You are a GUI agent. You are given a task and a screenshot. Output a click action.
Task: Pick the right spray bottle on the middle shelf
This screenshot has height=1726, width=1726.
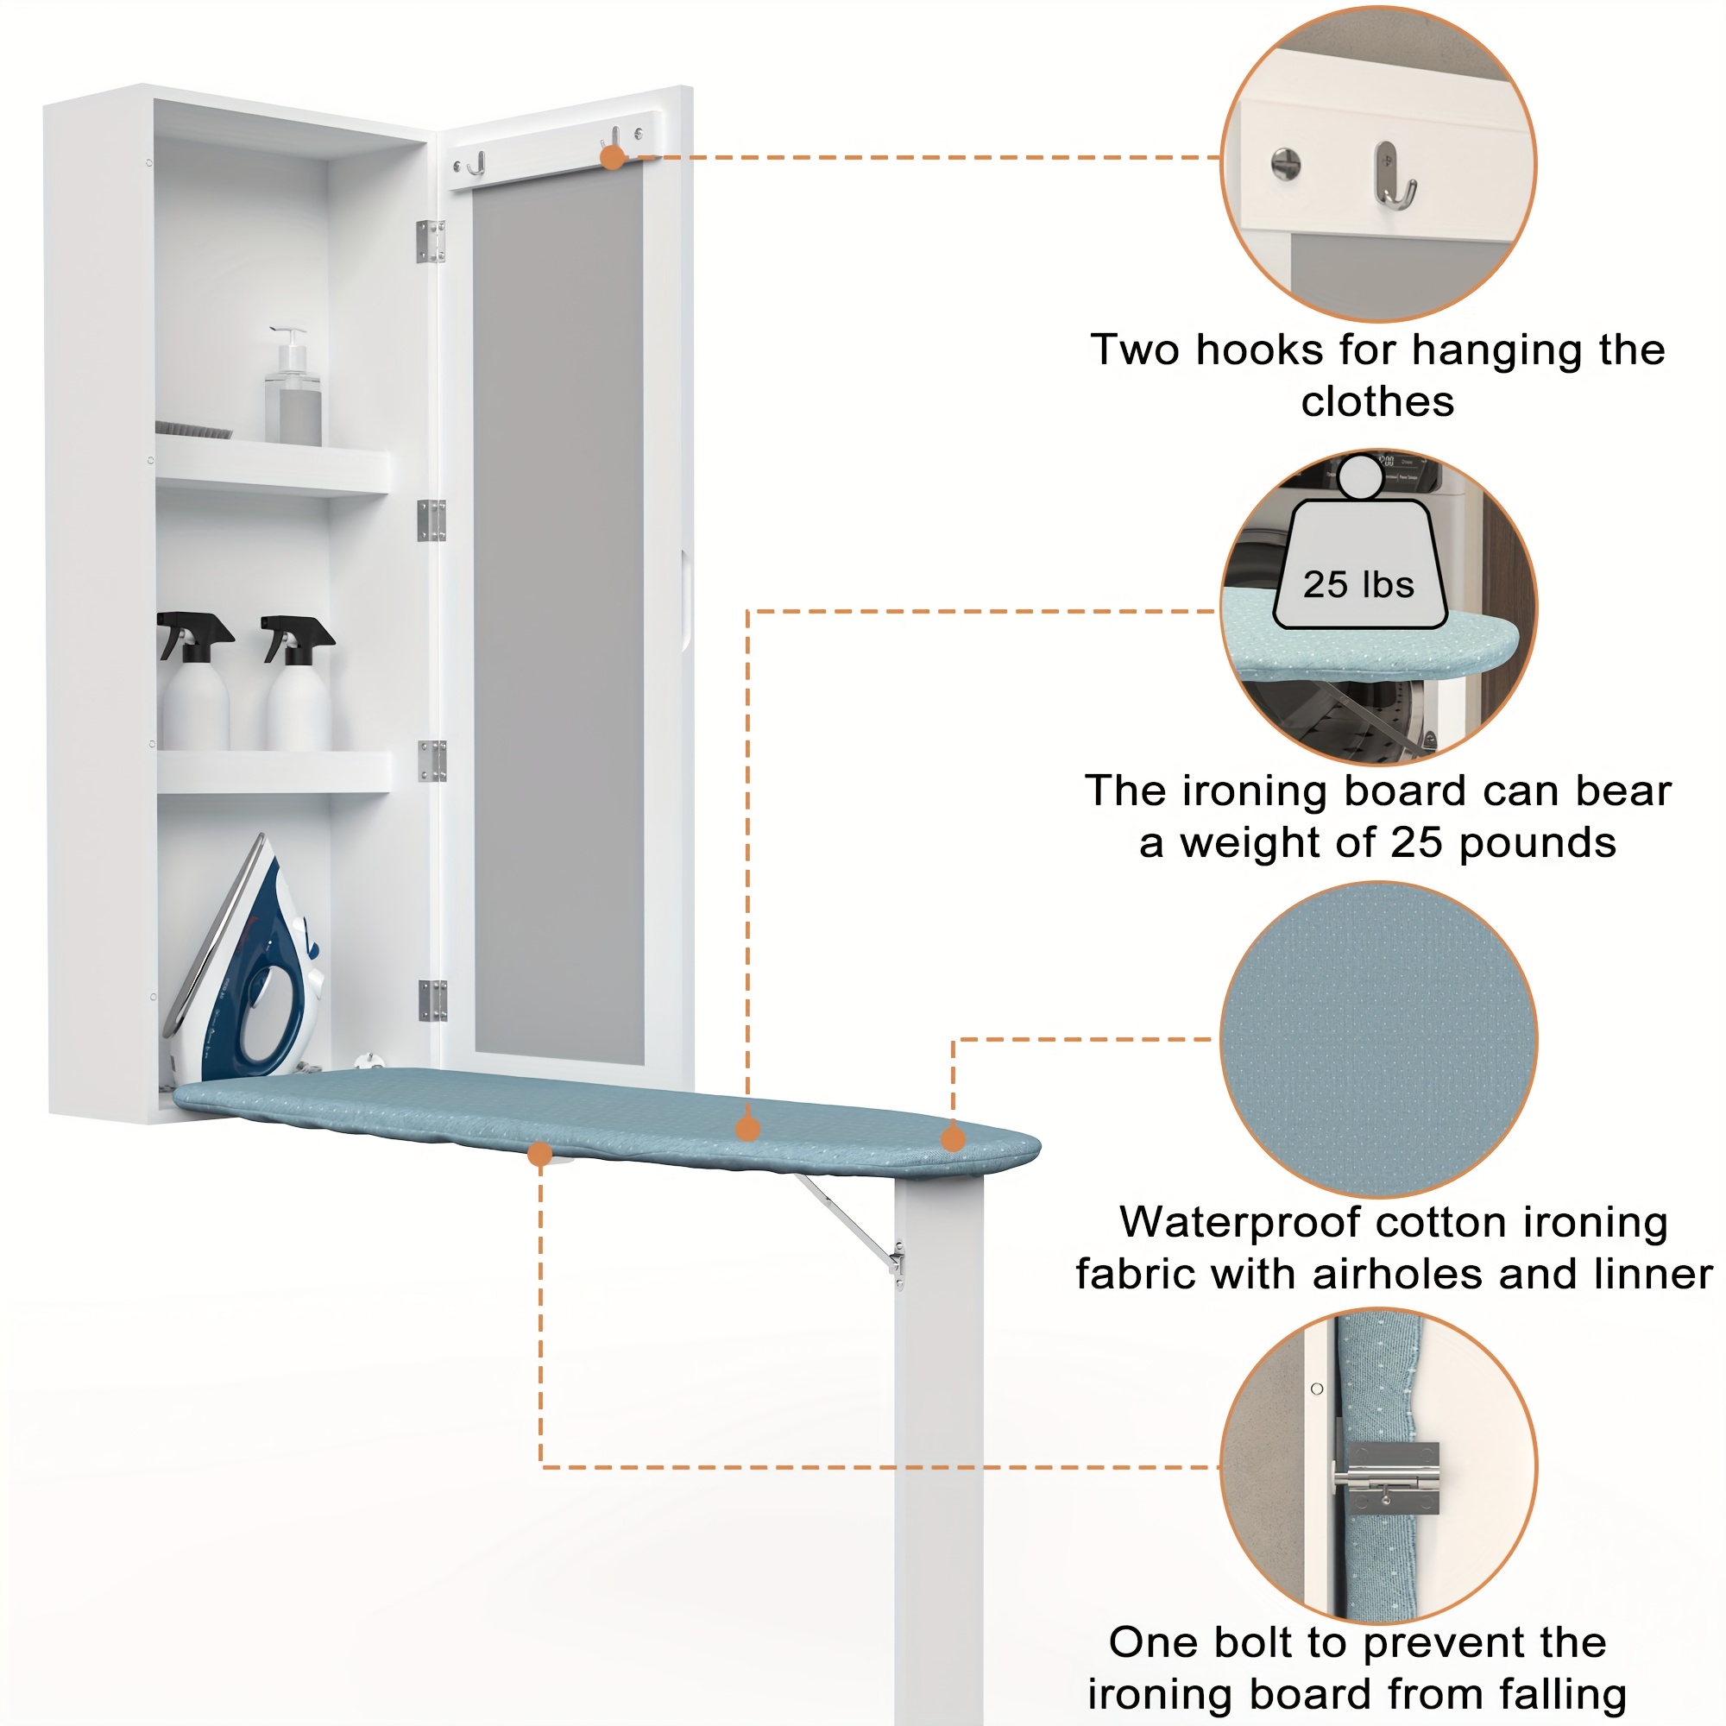[x=299, y=683]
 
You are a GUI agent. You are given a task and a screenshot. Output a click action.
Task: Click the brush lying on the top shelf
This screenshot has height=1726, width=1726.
[x=193, y=430]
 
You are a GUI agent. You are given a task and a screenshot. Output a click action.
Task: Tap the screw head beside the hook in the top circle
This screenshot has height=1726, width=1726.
[x=1286, y=164]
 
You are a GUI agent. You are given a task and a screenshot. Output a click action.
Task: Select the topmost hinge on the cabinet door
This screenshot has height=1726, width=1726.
[x=431, y=242]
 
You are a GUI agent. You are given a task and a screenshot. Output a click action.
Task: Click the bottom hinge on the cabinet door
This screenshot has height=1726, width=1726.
[x=432, y=999]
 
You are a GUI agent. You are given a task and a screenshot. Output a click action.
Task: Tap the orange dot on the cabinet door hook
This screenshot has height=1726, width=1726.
[x=612, y=158]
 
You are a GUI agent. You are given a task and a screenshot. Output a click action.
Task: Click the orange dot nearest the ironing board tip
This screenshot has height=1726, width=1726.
[x=954, y=1138]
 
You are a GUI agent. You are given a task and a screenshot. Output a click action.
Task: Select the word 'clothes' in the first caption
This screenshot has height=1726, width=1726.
[x=1377, y=401]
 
